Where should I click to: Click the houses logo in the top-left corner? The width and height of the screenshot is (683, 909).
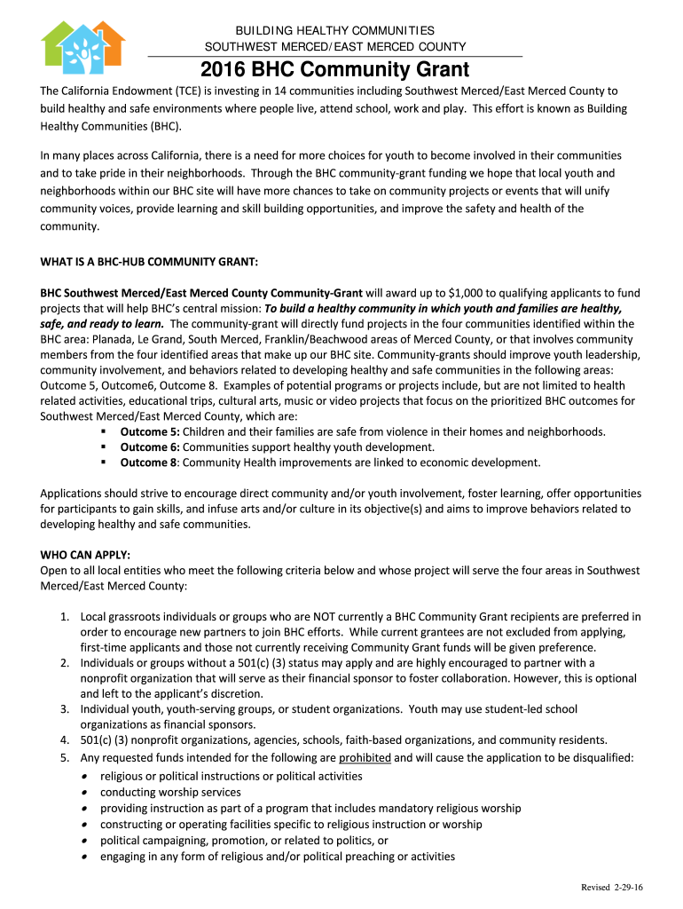tap(82, 48)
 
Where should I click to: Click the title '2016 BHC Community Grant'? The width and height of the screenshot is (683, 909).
tap(334, 70)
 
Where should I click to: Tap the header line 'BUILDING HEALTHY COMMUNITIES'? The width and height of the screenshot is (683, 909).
tap(334, 31)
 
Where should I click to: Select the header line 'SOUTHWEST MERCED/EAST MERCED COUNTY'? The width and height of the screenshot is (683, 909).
tap(334, 47)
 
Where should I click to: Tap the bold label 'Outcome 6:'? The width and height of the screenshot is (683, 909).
tap(150, 447)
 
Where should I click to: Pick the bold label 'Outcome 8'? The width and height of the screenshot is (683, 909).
tap(148, 462)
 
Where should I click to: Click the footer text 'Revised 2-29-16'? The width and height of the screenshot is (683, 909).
tap(613, 888)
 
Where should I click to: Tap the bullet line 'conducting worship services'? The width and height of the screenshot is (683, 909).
tap(170, 792)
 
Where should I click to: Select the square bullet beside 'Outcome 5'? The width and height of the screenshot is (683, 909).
tap(105, 431)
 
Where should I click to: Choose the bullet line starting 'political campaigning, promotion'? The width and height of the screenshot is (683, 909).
tap(244, 840)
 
